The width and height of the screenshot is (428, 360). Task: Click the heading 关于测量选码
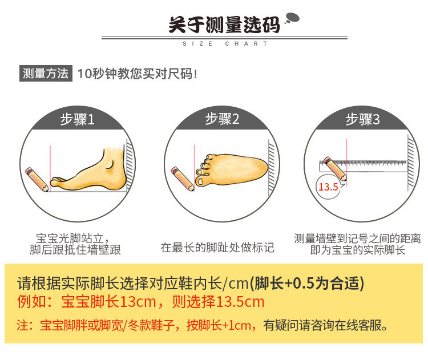[x=224, y=26]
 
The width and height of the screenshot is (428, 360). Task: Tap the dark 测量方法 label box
[x=45, y=73]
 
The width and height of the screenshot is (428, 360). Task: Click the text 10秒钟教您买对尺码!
[x=137, y=74]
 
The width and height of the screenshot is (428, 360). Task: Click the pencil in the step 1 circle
[x=37, y=177]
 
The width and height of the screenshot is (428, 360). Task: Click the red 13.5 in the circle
[x=328, y=187]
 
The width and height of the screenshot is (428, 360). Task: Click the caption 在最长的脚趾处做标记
[x=217, y=248]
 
